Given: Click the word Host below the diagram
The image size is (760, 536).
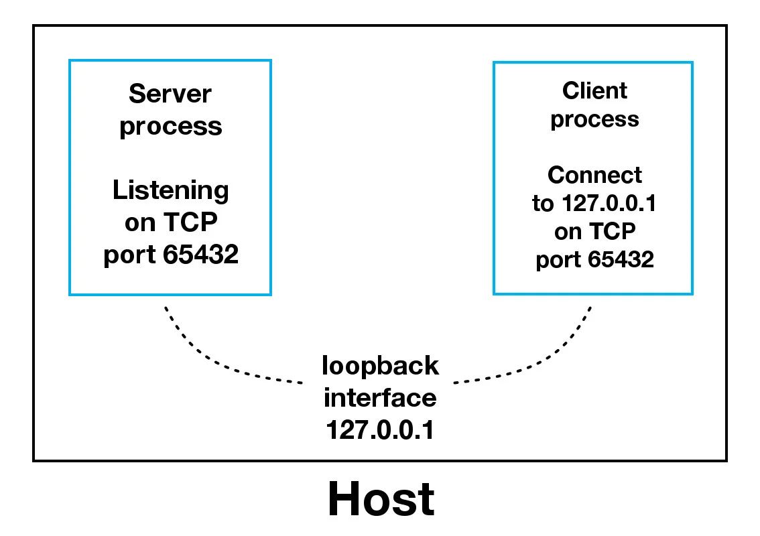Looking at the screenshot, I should [x=381, y=499].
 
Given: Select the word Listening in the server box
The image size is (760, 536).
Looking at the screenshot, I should [x=170, y=191].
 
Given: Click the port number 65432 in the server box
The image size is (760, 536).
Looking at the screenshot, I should [x=200, y=255].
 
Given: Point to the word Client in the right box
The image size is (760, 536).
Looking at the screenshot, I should [x=594, y=90].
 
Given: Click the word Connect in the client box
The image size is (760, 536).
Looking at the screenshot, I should [x=594, y=175].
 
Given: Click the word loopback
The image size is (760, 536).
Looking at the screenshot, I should [x=381, y=366].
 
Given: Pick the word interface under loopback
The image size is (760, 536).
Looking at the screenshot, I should [x=381, y=398].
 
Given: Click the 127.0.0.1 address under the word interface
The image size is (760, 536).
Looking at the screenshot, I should [x=381, y=429].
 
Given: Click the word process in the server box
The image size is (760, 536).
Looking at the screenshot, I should [x=170, y=127].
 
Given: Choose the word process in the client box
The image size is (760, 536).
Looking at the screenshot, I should [x=594, y=119].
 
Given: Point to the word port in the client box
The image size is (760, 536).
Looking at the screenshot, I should [x=558, y=259].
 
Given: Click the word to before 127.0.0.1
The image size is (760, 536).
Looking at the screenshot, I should [x=542, y=203].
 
